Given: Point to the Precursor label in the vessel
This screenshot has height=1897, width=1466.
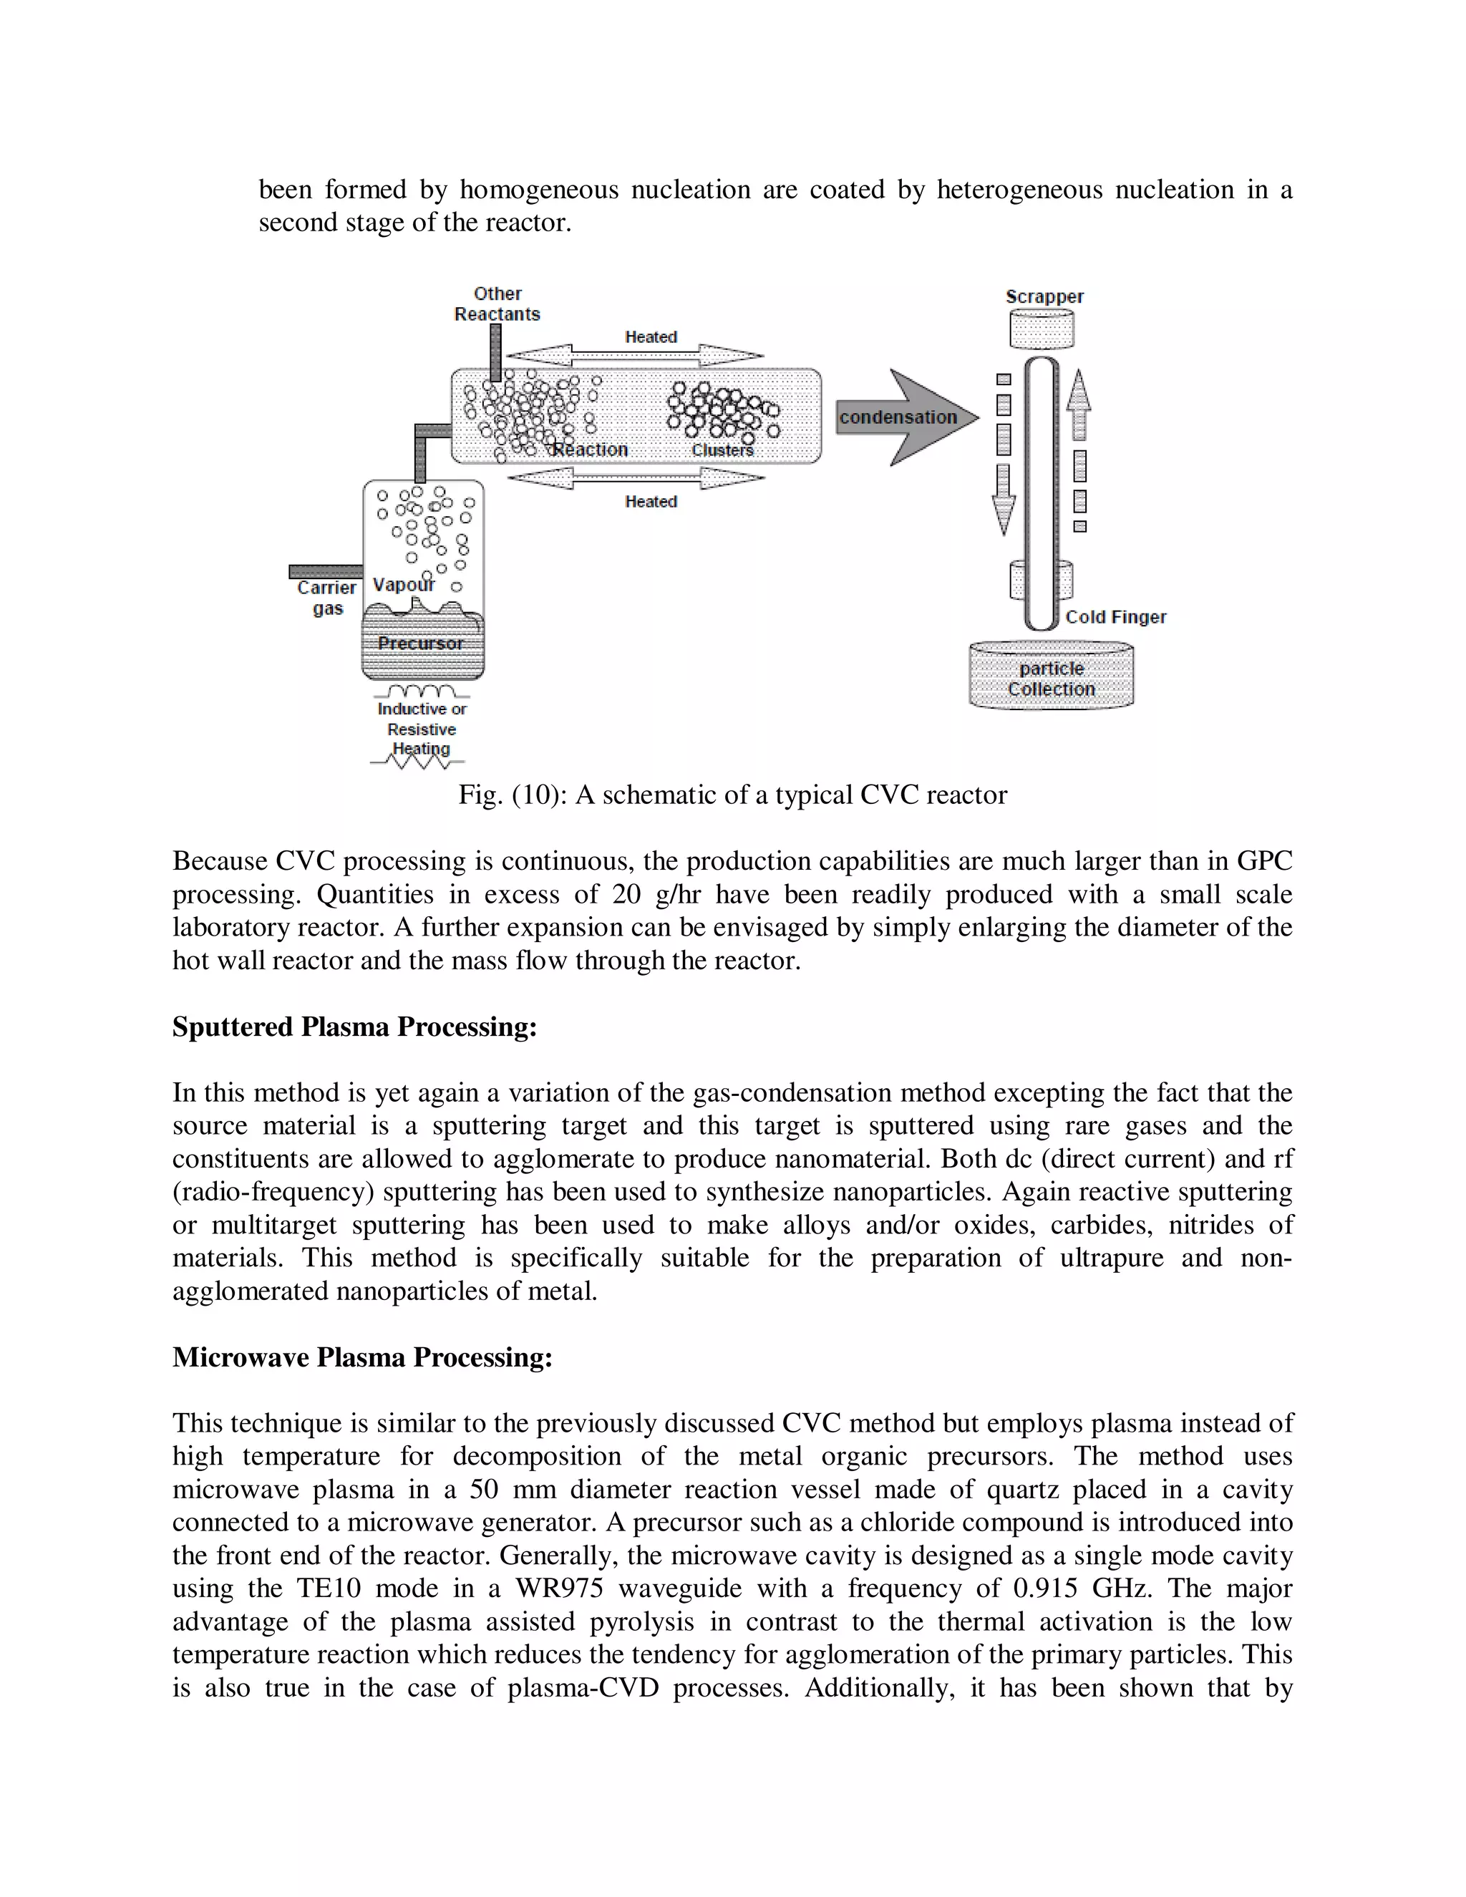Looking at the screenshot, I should (x=420, y=644).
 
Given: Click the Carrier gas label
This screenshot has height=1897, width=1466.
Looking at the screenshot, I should (x=326, y=598).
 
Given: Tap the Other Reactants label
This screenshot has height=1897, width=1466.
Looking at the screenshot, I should (x=497, y=304).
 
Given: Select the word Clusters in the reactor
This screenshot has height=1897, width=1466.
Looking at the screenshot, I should (x=722, y=450).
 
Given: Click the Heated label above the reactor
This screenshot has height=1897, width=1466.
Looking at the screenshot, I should (x=651, y=337).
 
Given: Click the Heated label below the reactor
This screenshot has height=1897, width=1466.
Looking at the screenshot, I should (x=651, y=501).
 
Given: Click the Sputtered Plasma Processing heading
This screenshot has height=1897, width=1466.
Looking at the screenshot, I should (x=354, y=1027).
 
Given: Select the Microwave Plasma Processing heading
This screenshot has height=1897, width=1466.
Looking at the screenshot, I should (x=362, y=1357).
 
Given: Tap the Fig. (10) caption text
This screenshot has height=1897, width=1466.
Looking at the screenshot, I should (x=732, y=795).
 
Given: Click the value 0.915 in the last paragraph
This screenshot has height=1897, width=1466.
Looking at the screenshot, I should (x=1046, y=1588).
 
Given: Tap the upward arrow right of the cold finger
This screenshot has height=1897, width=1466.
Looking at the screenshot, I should (x=1079, y=404).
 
